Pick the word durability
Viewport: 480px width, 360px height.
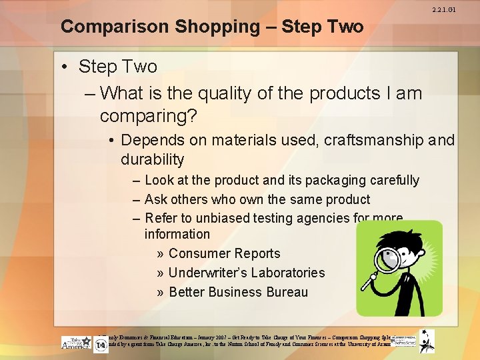[x=152, y=159]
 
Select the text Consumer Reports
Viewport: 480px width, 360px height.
[x=224, y=253]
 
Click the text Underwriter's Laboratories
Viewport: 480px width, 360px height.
[x=246, y=273]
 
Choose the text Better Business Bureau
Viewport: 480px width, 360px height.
[x=238, y=292]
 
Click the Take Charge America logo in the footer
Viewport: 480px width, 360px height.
[x=75, y=343]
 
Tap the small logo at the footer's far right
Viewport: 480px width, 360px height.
[x=427, y=341]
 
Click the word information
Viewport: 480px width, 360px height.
[x=177, y=234]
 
